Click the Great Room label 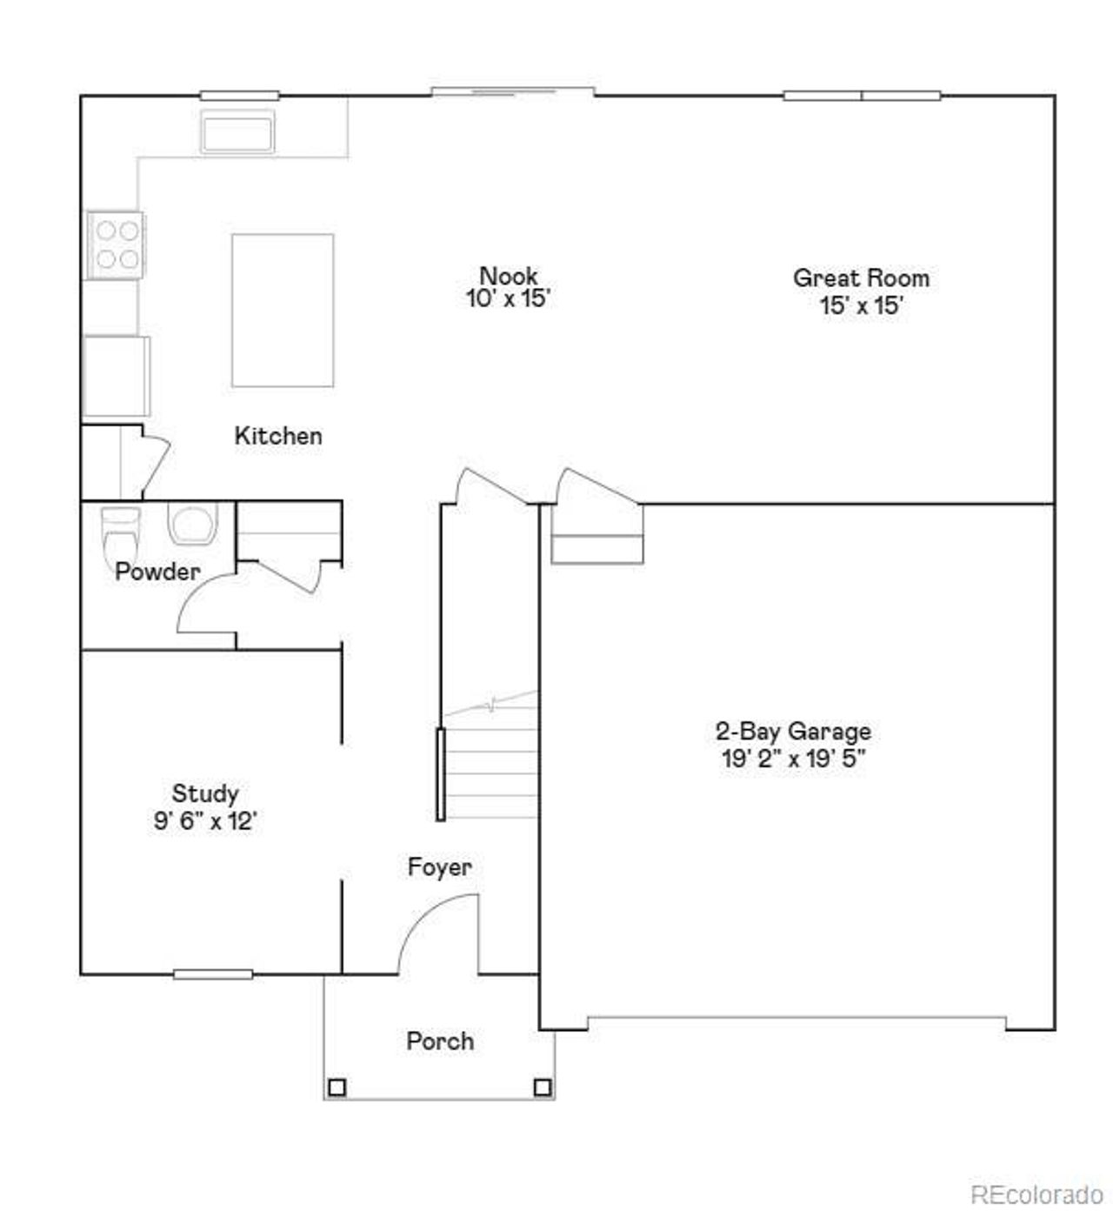tap(861, 278)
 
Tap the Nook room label tap(509, 276)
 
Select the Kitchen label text tap(278, 436)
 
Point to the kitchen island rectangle tap(283, 310)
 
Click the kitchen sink tap(237, 132)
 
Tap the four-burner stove tap(117, 244)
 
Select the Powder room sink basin tap(192, 524)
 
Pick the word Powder tap(157, 572)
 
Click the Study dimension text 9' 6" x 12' tap(205, 821)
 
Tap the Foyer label tap(440, 867)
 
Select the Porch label tap(440, 1041)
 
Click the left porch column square tap(337, 1087)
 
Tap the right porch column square tap(543, 1087)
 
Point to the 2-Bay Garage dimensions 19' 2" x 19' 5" tap(793, 759)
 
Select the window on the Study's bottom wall tap(213, 974)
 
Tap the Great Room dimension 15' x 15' tap(862, 306)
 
